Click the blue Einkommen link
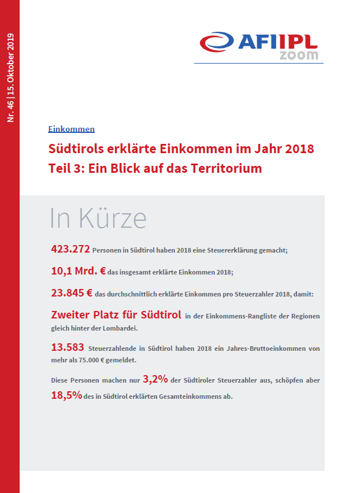pyautogui.click(x=72, y=129)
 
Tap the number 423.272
pyautogui.click(x=70, y=249)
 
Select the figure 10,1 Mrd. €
pyautogui.click(x=78, y=271)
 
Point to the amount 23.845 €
pyautogui.click(x=72, y=293)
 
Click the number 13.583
pyautogui.click(x=68, y=347)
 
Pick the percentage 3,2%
pyautogui.click(x=155, y=379)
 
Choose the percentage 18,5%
pyautogui.click(x=66, y=395)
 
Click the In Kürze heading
pyautogui.click(x=98, y=218)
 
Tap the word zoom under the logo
pyautogui.click(x=299, y=55)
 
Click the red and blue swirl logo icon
pyautogui.click(x=217, y=42)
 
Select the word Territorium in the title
pyautogui.click(x=226, y=168)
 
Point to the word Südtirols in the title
pyautogui.click(x=76, y=149)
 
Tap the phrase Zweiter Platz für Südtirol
pyautogui.click(x=116, y=315)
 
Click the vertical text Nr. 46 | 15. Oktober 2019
pyautogui.click(x=10, y=77)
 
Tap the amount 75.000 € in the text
pyautogui.click(x=91, y=360)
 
